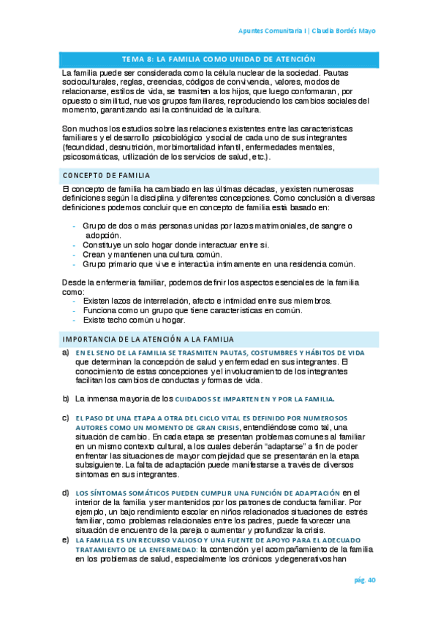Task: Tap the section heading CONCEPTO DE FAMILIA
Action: pyautogui.click(x=106, y=176)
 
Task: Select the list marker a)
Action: pyautogui.click(x=65, y=353)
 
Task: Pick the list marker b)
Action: pyautogui.click(x=65, y=399)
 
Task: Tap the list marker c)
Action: pyautogui.click(x=65, y=418)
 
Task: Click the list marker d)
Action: pyautogui.click(x=65, y=493)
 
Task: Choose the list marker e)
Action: pyautogui.click(x=65, y=539)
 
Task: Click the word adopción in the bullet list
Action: pyautogui.click(x=103, y=236)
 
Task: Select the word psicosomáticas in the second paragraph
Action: pyautogui.click(x=94, y=156)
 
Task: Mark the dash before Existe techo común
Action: pyautogui.click(x=75, y=320)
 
